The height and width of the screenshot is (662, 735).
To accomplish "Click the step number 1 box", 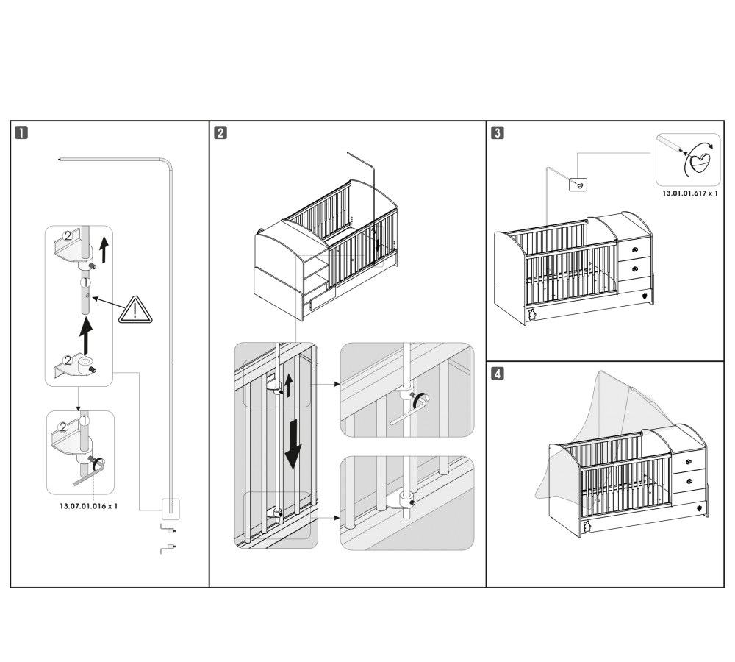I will click(24, 133).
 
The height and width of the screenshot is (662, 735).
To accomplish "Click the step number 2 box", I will click(220, 133).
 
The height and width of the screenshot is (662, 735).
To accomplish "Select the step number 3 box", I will click(498, 133).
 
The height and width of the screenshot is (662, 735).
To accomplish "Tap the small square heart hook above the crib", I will click(580, 184).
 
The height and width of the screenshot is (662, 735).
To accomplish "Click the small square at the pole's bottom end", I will click(170, 507).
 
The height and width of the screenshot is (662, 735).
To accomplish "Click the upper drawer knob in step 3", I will click(634, 250).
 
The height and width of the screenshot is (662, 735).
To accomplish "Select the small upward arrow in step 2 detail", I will click(288, 385).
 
